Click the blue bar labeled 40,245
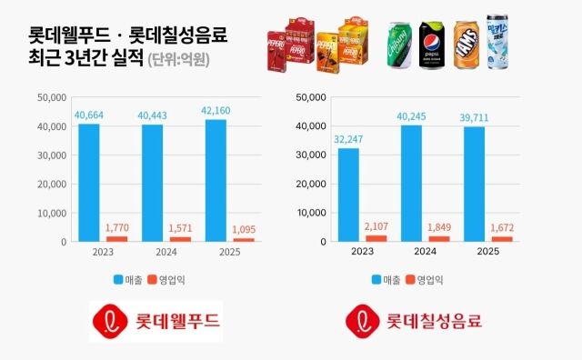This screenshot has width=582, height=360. coord(411,183)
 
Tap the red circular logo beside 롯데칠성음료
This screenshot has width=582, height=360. coord(364,320)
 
